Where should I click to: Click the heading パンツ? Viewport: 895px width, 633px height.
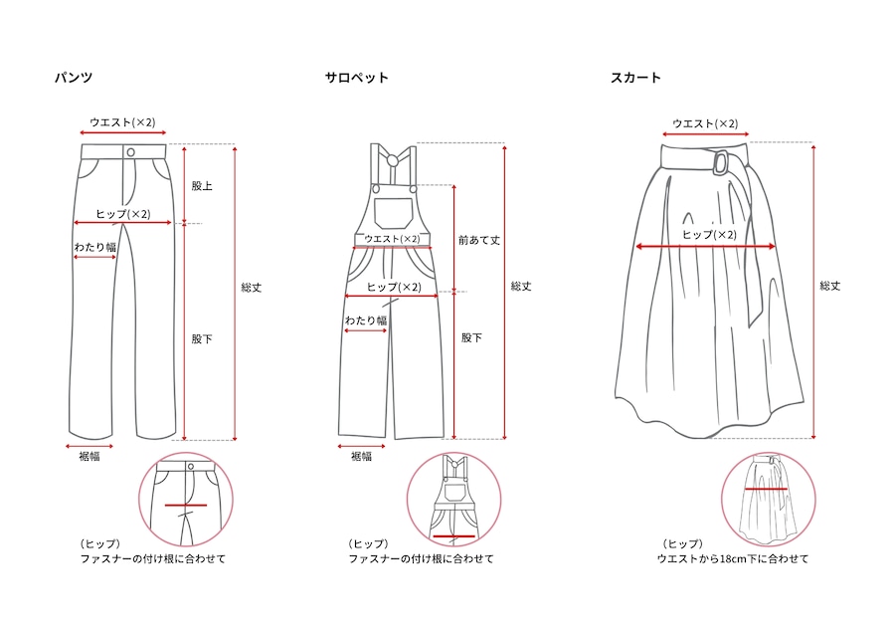click(x=74, y=78)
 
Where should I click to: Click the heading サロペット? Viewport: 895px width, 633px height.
click(x=357, y=78)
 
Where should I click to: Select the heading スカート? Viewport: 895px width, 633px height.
click(x=635, y=78)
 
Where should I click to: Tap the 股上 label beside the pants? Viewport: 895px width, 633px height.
click(x=202, y=186)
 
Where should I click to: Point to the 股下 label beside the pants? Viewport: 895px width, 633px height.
click(x=202, y=338)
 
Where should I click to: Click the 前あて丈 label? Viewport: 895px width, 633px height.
click(x=479, y=241)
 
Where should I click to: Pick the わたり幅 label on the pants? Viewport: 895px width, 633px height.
click(x=95, y=247)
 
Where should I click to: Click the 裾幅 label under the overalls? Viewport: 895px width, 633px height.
click(x=361, y=456)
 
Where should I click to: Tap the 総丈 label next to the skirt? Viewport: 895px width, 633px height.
click(x=830, y=286)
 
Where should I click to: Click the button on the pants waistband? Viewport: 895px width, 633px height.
click(x=130, y=152)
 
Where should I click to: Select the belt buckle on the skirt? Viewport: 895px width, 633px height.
click(x=720, y=161)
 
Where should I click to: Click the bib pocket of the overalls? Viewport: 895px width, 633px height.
click(x=394, y=213)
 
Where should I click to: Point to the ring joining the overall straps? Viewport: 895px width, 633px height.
click(x=393, y=160)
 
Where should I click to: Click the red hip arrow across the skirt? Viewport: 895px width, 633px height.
click(x=705, y=246)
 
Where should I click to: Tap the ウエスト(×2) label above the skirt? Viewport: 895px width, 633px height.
click(x=705, y=123)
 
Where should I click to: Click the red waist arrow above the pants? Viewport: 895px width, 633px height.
click(x=122, y=133)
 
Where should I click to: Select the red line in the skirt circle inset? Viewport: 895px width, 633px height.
click(x=766, y=489)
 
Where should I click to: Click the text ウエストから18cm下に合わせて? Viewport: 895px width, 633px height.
click(x=733, y=558)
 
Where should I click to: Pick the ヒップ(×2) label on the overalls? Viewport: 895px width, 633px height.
click(x=394, y=287)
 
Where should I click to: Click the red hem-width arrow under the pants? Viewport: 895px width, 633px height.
click(x=89, y=446)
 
